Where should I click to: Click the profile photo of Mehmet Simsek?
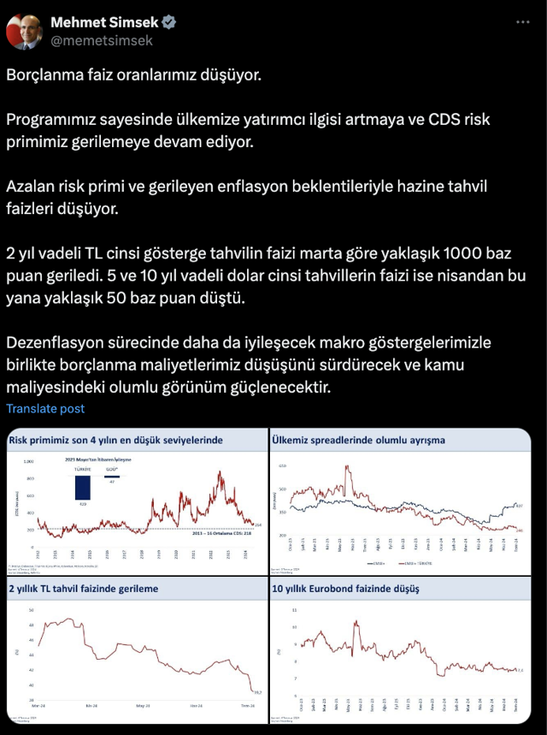coord(24,31)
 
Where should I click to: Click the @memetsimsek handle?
coord(102,39)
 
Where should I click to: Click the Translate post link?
coord(45,409)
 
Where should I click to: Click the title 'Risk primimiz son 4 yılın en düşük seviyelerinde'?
coord(115,440)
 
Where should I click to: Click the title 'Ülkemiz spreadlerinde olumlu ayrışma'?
coord(358,440)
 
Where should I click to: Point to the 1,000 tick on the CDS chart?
coord(27,461)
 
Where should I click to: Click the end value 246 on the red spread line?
coord(520,531)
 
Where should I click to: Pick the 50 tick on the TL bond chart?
coord(32,609)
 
